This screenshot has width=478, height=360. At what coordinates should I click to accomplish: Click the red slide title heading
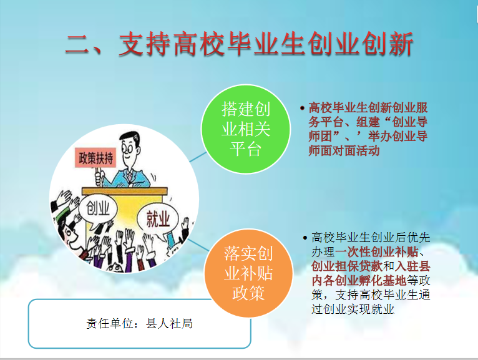(239, 44)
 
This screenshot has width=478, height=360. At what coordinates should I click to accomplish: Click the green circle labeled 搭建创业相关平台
(245, 129)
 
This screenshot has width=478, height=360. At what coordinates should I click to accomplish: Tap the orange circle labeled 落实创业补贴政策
(248, 273)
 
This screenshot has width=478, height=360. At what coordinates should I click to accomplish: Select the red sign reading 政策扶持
(95, 158)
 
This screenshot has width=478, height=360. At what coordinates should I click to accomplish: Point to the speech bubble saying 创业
(97, 210)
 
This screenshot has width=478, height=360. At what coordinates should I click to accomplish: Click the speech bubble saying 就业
(158, 218)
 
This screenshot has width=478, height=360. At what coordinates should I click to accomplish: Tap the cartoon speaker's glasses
(127, 148)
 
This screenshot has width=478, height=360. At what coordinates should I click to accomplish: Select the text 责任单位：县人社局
(139, 323)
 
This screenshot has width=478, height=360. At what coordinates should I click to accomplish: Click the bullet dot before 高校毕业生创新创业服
(302, 108)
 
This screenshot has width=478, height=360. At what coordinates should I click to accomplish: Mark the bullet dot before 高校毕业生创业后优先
(305, 238)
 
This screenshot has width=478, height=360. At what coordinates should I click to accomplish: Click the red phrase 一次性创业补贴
(377, 252)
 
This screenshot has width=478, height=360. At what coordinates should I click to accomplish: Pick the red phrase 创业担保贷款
(346, 266)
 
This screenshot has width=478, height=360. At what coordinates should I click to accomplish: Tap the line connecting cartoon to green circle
(198, 157)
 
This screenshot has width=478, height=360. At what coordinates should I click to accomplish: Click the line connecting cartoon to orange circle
(199, 245)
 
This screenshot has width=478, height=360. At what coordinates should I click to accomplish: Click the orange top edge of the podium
(125, 191)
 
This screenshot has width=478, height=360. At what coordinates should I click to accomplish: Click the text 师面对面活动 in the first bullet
(344, 150)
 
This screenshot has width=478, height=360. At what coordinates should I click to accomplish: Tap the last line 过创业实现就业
(353, 309)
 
